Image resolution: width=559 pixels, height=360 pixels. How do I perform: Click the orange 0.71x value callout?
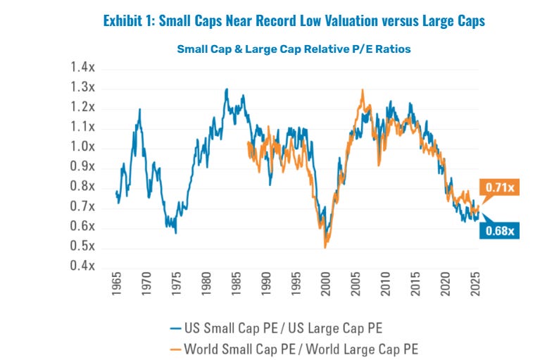[501, 187]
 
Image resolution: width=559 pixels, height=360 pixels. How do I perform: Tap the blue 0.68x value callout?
[501, 230]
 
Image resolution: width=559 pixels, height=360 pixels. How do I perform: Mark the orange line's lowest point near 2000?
[325, 247]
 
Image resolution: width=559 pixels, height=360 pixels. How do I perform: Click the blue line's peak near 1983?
[227, 89]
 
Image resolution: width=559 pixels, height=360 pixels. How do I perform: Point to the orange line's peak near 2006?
[362, 89]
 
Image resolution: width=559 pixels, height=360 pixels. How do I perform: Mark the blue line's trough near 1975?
[175, 233]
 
